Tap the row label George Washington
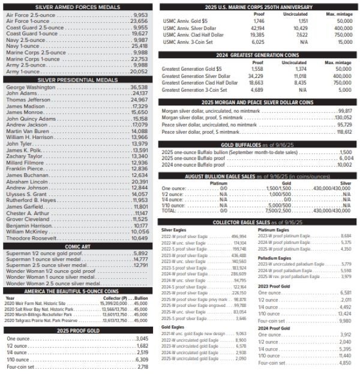pyautogui.click(x=31, y=87)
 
